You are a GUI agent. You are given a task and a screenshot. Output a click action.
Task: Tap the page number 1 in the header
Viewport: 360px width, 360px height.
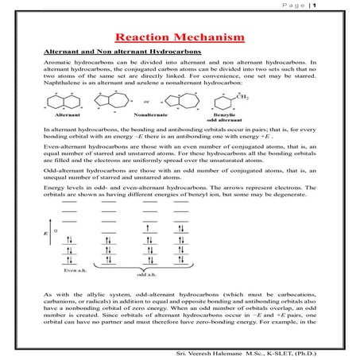[339, 6]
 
